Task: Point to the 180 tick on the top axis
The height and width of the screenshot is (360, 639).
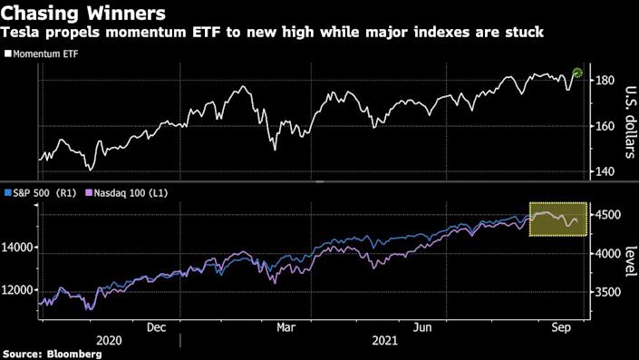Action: tap(605, 82)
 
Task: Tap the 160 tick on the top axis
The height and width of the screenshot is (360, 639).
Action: tap(605, 126)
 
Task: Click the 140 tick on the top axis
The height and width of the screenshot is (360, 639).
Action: tap(605, 170)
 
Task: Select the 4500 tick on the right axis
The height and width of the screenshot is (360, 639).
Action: tap(609, 215)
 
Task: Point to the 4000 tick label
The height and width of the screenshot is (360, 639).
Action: tap(609, 254)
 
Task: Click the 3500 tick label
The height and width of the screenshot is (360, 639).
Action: tap(609, 293)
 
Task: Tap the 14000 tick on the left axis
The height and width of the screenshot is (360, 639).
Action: tap(17, 247)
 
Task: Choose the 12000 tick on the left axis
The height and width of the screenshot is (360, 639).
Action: tap(17, 289)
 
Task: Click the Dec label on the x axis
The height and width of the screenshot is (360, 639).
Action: tap(156, 327)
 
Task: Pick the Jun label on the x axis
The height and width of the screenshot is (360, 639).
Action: tap(422, 327)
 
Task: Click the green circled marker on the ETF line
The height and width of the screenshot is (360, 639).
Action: tap(578, 73)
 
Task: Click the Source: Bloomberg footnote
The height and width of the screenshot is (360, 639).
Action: tap(52, 353)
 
